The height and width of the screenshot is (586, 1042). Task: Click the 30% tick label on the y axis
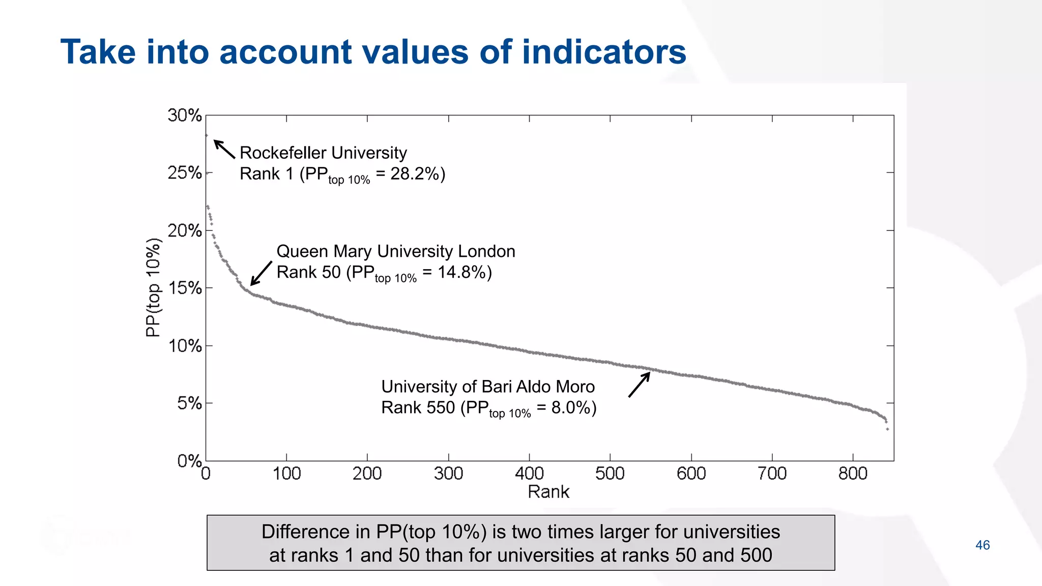pos(185,115)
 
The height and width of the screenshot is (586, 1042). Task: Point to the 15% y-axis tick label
pos(185,288)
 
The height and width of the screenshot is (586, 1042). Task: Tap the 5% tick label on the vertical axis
pos(189,404)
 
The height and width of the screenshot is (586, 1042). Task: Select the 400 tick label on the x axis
pos(529,474)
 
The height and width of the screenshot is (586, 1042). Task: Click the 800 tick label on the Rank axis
pos(853,474)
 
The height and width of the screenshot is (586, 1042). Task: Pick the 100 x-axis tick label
pos(286,474)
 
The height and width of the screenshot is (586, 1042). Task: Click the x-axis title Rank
pos(548,492)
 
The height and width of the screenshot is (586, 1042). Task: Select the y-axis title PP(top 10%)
pos(153,287)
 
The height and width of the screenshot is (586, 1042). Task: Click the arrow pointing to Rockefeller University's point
pos(224,149)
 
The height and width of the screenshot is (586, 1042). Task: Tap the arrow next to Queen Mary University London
pos(261,274)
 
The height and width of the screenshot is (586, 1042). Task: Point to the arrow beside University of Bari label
pos(639,385)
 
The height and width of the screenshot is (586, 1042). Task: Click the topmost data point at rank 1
pos(206,135)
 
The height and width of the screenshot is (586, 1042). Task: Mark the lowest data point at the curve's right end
pos(887,429)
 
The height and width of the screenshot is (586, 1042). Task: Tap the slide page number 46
pos(982,545)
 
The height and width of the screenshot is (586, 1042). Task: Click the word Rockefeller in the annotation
pos(280,153)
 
